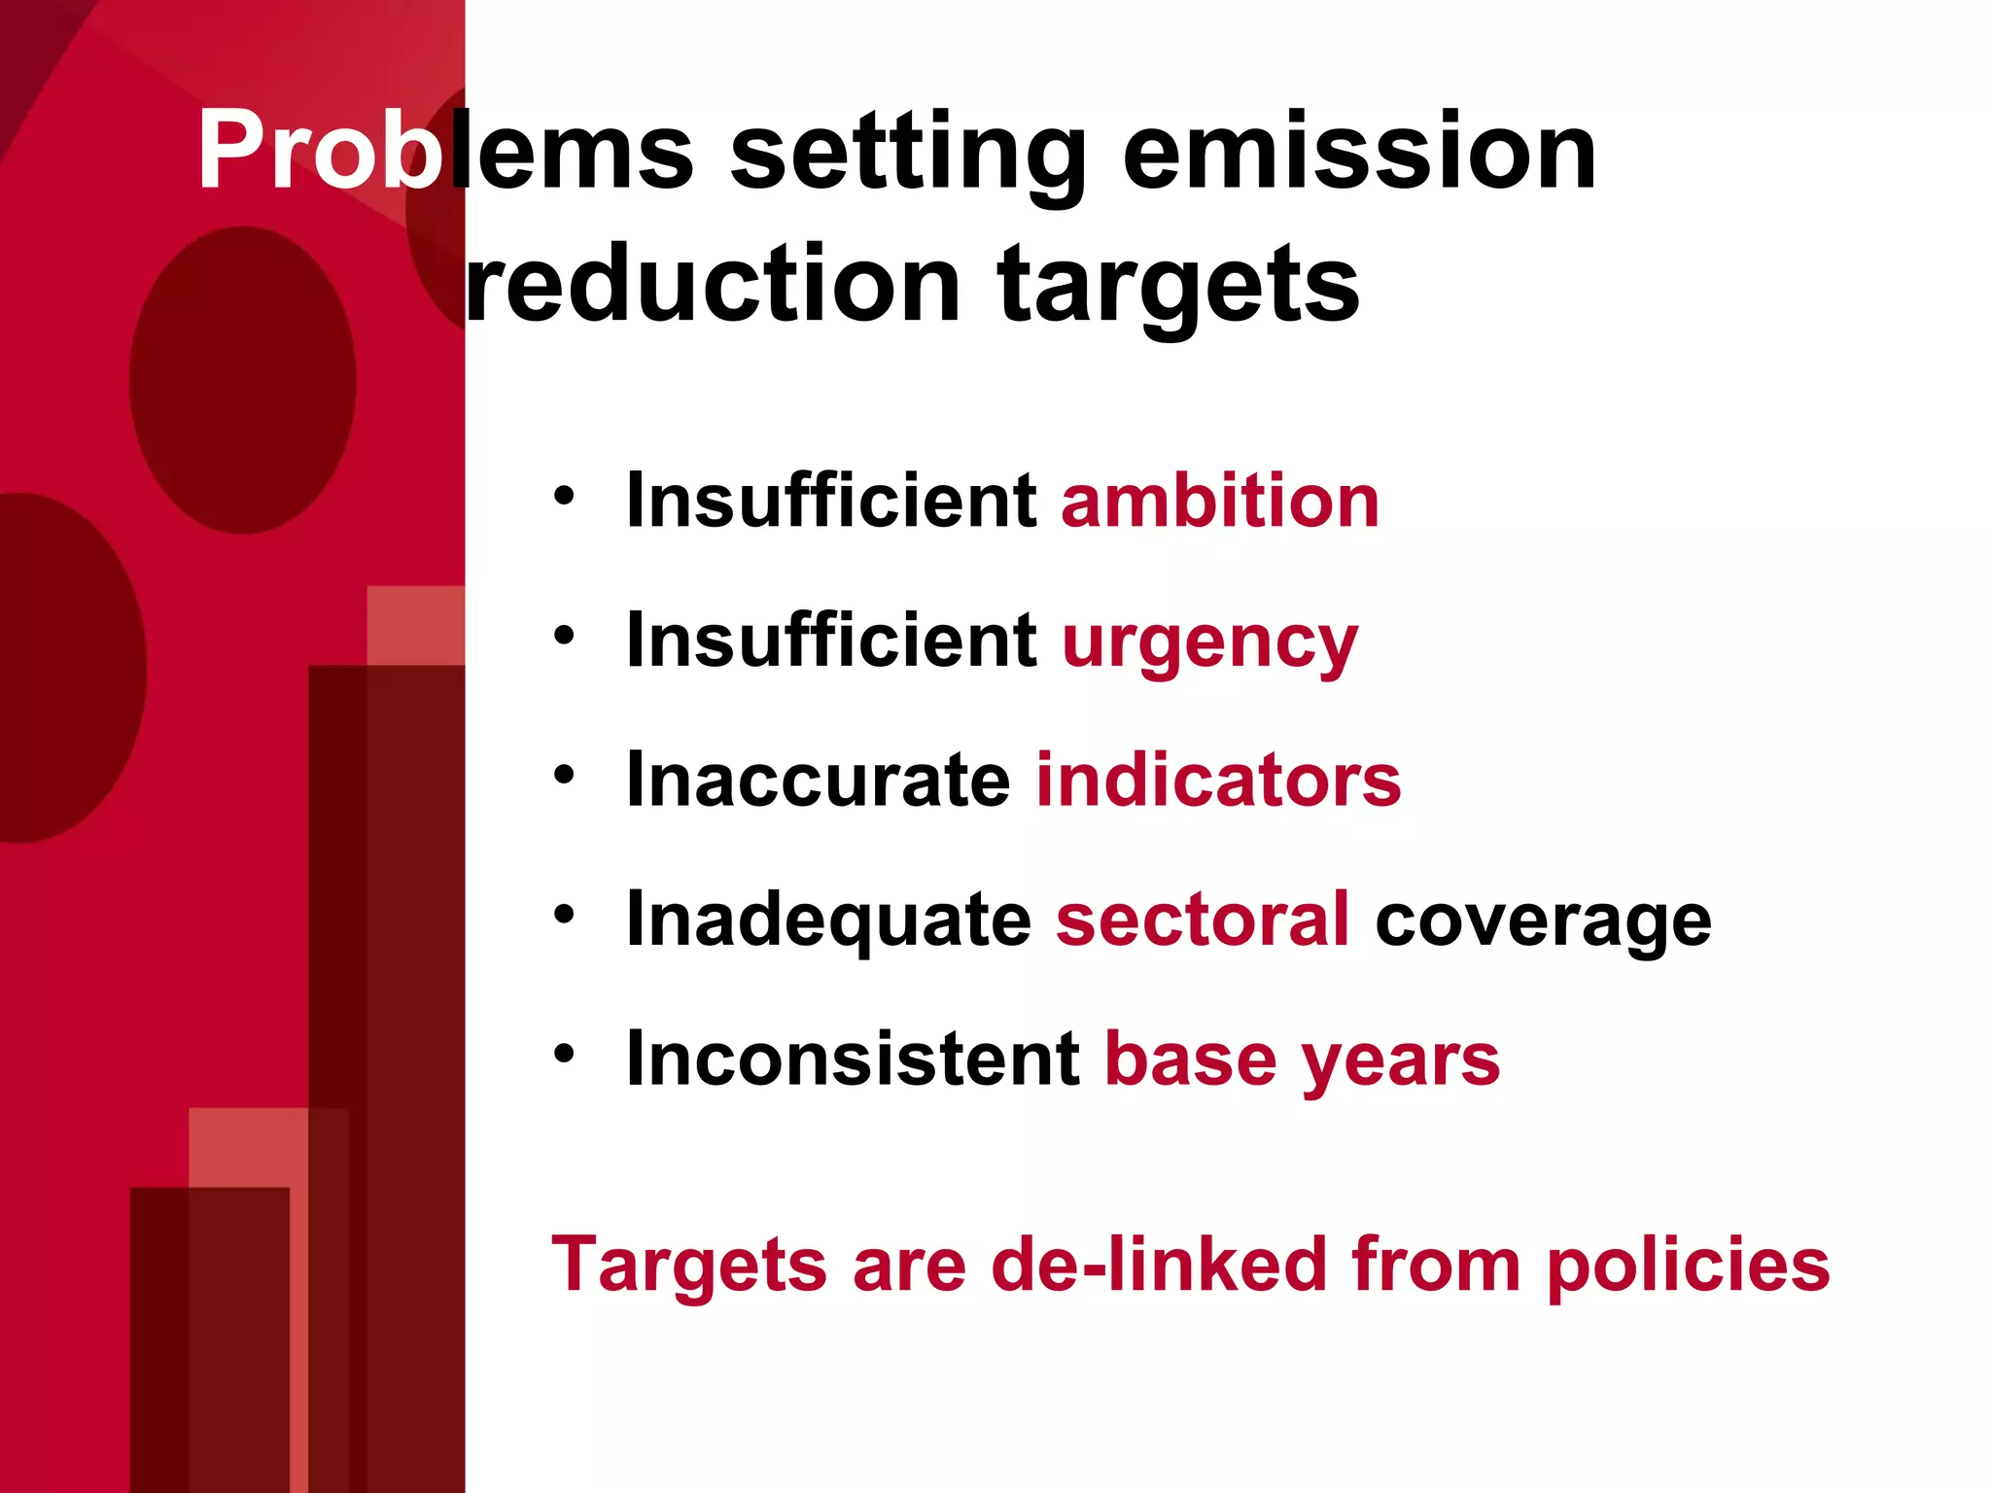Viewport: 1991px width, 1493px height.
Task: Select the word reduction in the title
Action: pyautogui.click(x=714, y=284)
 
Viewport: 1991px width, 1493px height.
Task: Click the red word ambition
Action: pyautogui.click(x=1219, y=502)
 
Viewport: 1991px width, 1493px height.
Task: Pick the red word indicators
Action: pyautogui.click(x=1218, y=780)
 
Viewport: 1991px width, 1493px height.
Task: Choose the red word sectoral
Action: pyautogui.click(x=1202, y=920)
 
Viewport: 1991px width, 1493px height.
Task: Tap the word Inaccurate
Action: pyautogui.click(x=819, y=780)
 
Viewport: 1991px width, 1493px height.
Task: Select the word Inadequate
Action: pyautogui.click(x=828, y=920)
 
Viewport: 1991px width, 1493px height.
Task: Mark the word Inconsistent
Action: pyautogui.click(x=853, y=1059)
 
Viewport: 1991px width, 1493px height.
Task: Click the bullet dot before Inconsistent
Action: pyautogui.click(x=565, y=1054)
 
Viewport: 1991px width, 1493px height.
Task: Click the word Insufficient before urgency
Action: pyautogui.click(x=831, y=642)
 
